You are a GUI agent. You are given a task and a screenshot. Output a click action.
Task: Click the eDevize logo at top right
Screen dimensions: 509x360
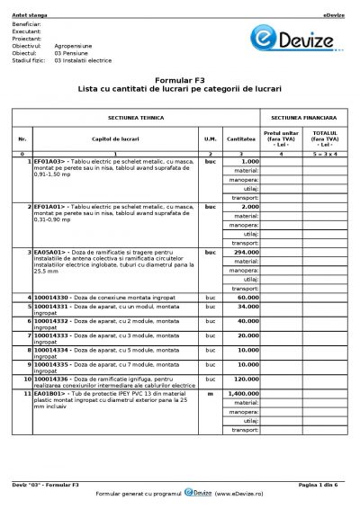click(x=317, y=42)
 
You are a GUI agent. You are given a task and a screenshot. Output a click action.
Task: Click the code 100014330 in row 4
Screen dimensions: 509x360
click(x=54, y=297)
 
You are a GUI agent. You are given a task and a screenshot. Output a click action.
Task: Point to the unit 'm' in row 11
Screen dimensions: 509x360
click(x=211, y=393)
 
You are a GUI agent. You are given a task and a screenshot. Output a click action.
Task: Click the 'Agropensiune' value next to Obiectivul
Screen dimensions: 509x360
click(x=72, y=42)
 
